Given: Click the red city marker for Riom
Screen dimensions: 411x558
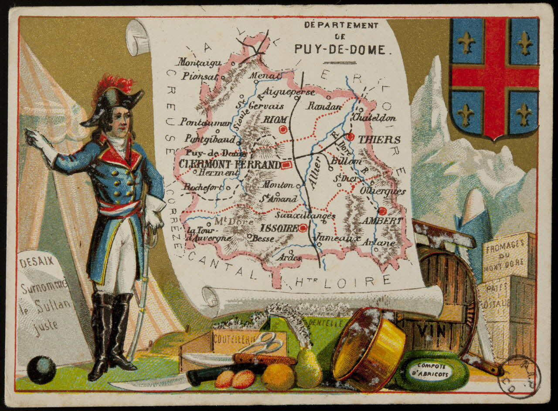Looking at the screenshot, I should (283, 129).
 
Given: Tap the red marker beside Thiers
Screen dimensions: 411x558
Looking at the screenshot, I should (350, 137).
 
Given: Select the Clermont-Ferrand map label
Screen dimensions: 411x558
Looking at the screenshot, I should (230, 164).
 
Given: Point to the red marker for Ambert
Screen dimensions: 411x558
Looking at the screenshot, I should (382, 211).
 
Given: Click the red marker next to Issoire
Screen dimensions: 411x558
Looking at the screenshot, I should (303, 228).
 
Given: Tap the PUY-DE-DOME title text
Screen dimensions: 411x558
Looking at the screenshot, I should (340, 49).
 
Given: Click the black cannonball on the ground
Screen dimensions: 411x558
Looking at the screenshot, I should (41, 370).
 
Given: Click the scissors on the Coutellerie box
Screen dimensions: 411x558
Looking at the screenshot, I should (262, 344).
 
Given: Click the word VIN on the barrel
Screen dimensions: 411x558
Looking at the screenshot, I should (431, 331).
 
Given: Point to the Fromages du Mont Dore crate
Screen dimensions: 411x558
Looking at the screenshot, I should (508, 257).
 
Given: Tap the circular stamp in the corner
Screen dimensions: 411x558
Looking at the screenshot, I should (519, 377).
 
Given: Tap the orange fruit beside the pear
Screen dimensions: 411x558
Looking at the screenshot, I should (278, 377).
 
